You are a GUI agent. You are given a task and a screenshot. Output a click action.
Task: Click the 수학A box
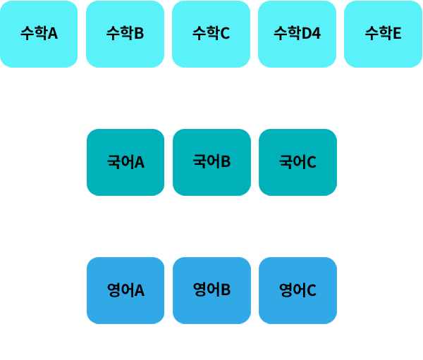pyautogui.click(x=39, y=34)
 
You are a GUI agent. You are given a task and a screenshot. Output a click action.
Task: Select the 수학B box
pyautogui.click(x=125, y=34)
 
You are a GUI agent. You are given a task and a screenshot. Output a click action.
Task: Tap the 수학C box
pyautogui.click(x=211, y=34)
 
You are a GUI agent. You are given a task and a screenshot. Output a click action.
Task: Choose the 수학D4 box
pyautogui.click(x=297, y=34)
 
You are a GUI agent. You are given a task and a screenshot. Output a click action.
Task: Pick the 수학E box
pyautogui.click(x=383, y=34)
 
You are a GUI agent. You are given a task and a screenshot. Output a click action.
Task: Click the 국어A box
pyautogui.click(x=125, y=162)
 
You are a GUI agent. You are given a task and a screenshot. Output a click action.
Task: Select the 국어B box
pyautogui.click(x=211, y=162)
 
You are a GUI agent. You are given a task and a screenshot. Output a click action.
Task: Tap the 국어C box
pyautogui.click(x=298, y=162)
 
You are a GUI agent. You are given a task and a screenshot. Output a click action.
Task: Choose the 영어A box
pyautogui.click(x=125, y=290)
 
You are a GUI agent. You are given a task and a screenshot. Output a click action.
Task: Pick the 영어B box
pyautogui.click(x=211, y=290)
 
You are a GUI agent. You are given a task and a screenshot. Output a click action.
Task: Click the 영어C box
pyautogui.click(x=298, y=290)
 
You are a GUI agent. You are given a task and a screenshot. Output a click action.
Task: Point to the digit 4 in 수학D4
pyautogui.click(x=317, y=33)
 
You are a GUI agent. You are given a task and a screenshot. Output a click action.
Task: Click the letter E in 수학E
pyautogui.click(x=397, y=33)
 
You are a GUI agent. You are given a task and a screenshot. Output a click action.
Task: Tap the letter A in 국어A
pyautogui.click(x=139, y=163)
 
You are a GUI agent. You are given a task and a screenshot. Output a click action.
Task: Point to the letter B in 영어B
pyautogui.click(x=226, y=290)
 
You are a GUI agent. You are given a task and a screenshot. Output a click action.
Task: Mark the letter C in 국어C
pyautogui.click(x=311, y=163)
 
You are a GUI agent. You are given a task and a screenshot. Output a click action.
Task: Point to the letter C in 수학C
pyautogui.click(x=225, y=33)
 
